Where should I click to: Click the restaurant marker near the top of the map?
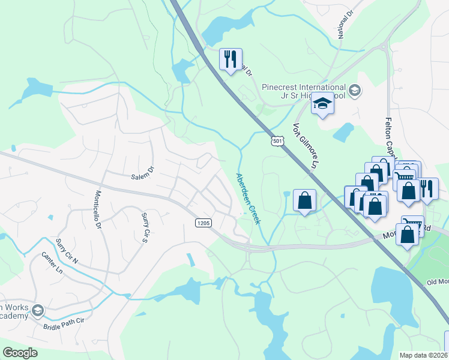pyautogui.click(x=231, y=59)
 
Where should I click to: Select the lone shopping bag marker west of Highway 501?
pyautogui.click(x=305, y=200)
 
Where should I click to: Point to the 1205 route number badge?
pyautogui.click(x=203, y=223)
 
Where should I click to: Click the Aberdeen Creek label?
pyautogui.click(x=247, y=198)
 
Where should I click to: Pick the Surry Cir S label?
pyautogui.click(x=145, y=227)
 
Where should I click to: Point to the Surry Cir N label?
pyautogui.click(x=67, y=250)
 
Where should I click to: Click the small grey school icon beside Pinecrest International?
pyautogui.click(x=355, y=91)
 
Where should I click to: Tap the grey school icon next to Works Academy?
pyautogui.click(x=38, y=310)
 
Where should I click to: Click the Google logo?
pyautogui.click(x=20, y=352)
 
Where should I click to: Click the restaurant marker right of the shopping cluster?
pyautogui.click(x=427, y=188)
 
